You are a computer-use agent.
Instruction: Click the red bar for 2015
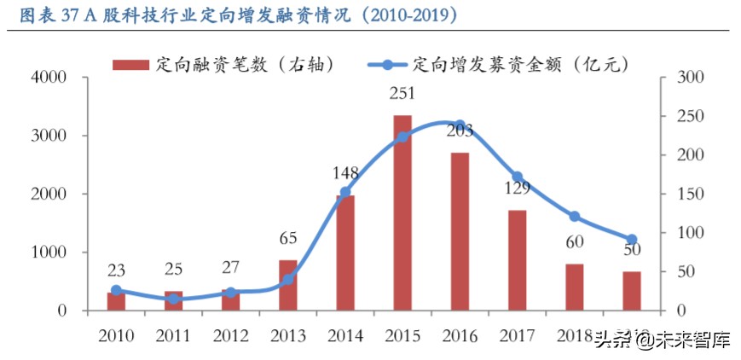pos(402,212)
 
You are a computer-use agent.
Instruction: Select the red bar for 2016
pos(460,231)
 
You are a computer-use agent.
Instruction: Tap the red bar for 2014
pos(345,253)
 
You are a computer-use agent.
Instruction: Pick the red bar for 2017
pos(517,260)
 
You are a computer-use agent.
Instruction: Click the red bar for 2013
pos(288,285)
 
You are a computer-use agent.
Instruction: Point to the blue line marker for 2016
pos(460,126)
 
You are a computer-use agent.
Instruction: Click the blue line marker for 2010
pos(116,291)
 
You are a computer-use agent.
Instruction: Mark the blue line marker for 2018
pos(574,217)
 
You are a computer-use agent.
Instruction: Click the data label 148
pos(345,174)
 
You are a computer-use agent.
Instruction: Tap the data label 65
pos(288,238)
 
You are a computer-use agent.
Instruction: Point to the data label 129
pos(517,189)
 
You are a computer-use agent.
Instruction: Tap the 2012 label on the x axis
pos(230,335)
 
